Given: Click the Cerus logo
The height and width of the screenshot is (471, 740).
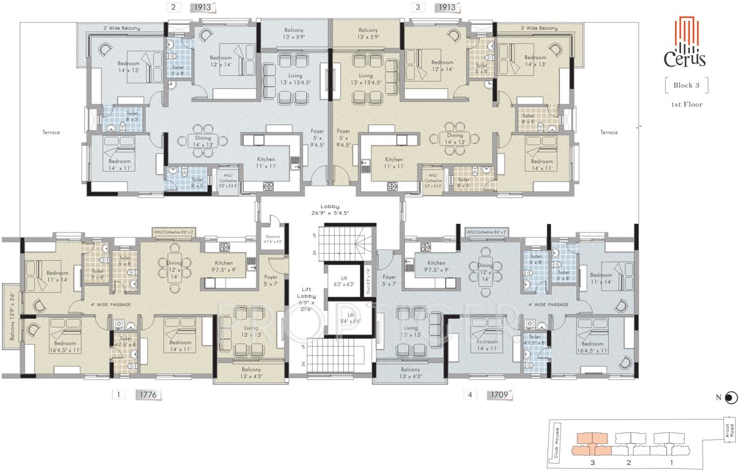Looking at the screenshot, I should click(685, 42).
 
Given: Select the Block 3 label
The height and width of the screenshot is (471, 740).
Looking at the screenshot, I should click(687, 85).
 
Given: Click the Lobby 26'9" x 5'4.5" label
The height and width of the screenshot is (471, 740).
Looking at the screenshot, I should click(334, 210).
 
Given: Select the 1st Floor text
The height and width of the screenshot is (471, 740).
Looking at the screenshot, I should click(687, 104).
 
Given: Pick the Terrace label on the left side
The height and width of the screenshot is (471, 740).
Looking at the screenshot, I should click(51, 132).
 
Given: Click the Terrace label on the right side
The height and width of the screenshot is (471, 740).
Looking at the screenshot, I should click(609, 132).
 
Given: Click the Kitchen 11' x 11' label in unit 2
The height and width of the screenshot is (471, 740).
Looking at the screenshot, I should click(265, 163).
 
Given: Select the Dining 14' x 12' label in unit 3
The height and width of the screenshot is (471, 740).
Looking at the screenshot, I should click(455, 139).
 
